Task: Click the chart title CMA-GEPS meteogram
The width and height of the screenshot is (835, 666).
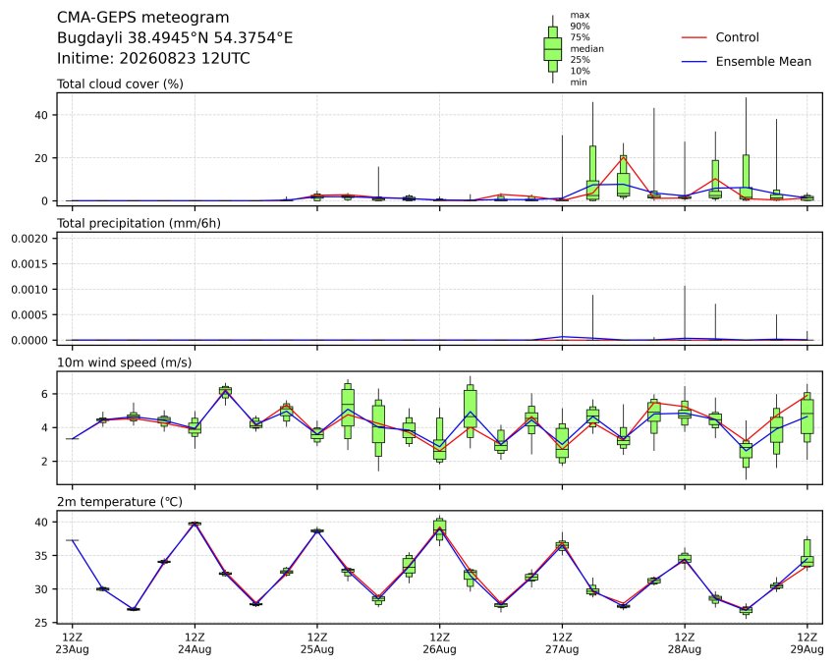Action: click(142, 18)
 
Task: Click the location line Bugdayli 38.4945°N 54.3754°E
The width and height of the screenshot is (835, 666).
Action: click(175, 37)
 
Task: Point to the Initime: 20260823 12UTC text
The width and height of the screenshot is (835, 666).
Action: click(153, 58)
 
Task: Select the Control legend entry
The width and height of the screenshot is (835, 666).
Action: click(737, 37)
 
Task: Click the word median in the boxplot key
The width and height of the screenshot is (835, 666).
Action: click(586, 49)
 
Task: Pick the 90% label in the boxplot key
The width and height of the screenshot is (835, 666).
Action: click(580, 27)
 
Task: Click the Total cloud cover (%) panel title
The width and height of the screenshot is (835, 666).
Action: click(120, 84)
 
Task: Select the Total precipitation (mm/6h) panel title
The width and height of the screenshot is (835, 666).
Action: click(139, 223)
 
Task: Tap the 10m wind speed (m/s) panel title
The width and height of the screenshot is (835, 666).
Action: click(124, 362)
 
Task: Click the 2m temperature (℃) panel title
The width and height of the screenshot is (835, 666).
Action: click(120, 502)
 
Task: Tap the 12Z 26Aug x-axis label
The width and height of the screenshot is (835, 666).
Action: click(440, 643)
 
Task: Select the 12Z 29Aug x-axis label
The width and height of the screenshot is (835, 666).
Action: click(807, 643)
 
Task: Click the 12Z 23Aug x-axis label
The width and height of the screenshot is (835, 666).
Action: click(73, 643)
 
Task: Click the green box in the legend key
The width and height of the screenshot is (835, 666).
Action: click(553, 49)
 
